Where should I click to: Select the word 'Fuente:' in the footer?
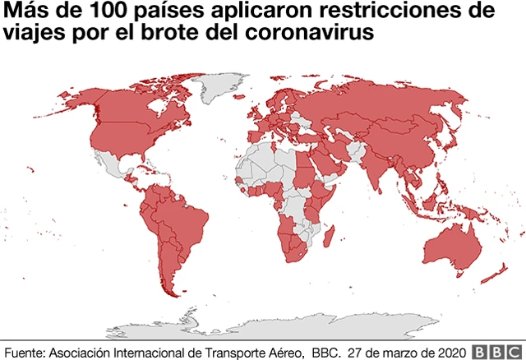pos(25,349)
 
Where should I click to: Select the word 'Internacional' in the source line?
pos(148,349)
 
